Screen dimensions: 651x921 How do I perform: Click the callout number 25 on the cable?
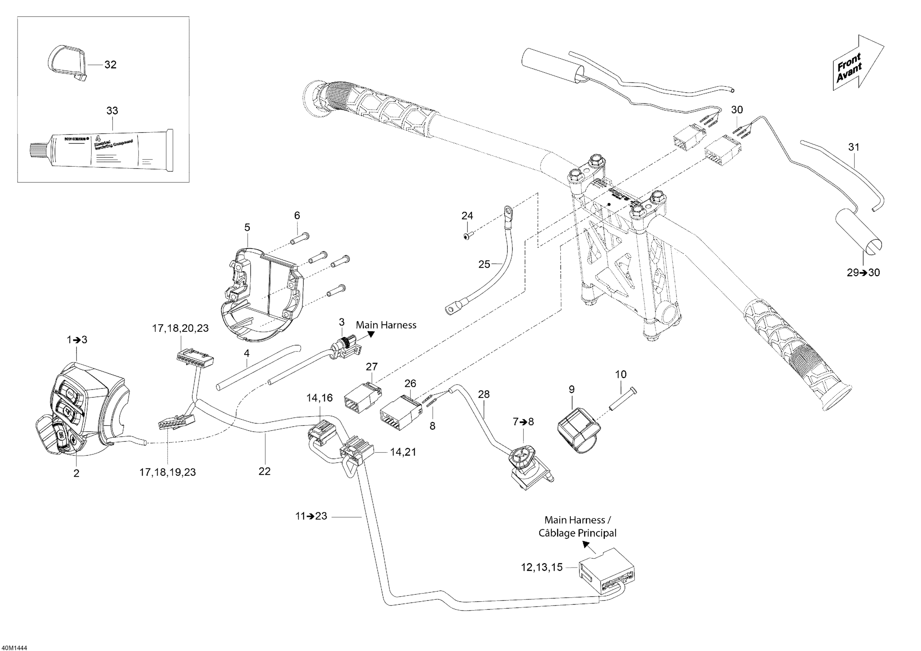pos(484,264)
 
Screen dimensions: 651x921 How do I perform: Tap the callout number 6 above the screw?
pos(297,215)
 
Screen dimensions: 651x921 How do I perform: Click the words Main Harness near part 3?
pos(386,325)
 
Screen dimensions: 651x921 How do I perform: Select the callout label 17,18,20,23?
pos(180,328)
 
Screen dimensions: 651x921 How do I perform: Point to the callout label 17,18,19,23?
pos(167,472)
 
